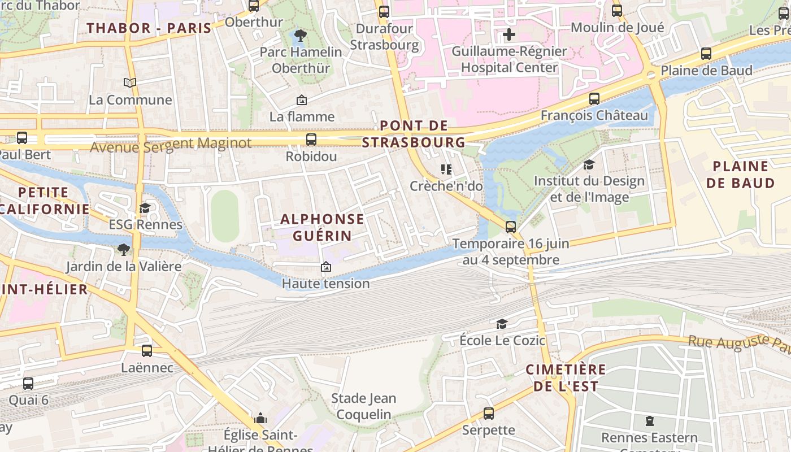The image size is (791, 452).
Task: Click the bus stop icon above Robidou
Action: click(311, 140)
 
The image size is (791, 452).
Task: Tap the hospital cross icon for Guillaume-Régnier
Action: click(508, 34)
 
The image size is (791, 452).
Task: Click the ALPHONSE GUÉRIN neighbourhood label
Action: click(322, 227)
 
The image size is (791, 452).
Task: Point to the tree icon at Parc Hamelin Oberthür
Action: click(301, 36)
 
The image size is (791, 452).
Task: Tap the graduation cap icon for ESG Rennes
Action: click(145, 208)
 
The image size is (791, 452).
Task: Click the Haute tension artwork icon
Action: click(325, 267)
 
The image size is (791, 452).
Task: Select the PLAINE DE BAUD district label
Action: click(740, 175)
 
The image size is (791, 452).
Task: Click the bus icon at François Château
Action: click(594, 99)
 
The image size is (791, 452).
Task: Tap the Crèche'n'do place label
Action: click(446, 186)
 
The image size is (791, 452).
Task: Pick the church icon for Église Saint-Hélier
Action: click(260, 419)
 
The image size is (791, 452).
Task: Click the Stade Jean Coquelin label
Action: click(363, 406)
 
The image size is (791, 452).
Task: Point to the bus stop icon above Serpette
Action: click(488, 414)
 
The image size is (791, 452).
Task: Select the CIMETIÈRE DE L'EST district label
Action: click(566, 378)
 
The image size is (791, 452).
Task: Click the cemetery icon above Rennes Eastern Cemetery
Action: click(649, 421)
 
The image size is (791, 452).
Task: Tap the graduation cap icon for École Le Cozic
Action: click(501, 324)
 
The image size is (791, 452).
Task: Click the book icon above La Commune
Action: click(130, 83)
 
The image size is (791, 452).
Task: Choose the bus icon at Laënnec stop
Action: click(147, 351)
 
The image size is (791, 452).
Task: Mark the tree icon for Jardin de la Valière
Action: click(123, 249)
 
